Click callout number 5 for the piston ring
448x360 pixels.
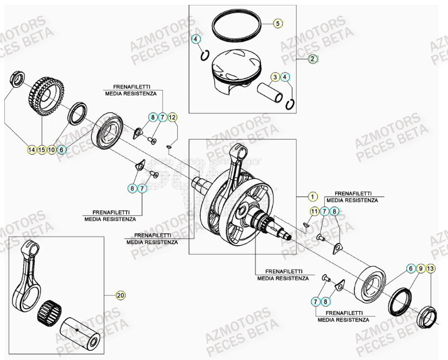277,23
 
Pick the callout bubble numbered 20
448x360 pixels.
120,295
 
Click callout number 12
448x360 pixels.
172,117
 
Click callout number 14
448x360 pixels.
31,150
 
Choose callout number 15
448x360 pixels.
42,150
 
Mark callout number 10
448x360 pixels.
52,150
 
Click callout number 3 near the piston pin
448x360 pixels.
276,77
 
